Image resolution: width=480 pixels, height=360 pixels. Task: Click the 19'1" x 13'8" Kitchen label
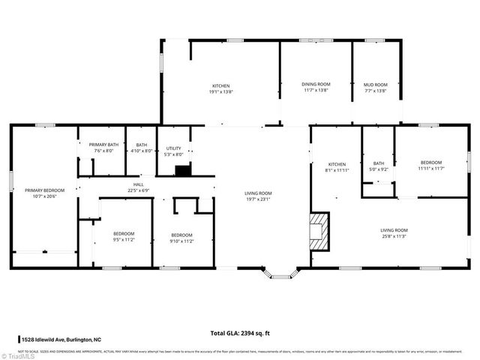tap(220, 88)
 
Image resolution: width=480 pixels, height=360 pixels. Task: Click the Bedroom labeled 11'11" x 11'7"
tap(430, 165)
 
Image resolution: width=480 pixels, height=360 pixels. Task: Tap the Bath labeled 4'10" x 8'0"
tap(141, 148)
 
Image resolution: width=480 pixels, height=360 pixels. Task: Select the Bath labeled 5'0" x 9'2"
tap(378, 166)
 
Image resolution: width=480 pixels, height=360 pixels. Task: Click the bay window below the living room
tap(280, 274)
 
